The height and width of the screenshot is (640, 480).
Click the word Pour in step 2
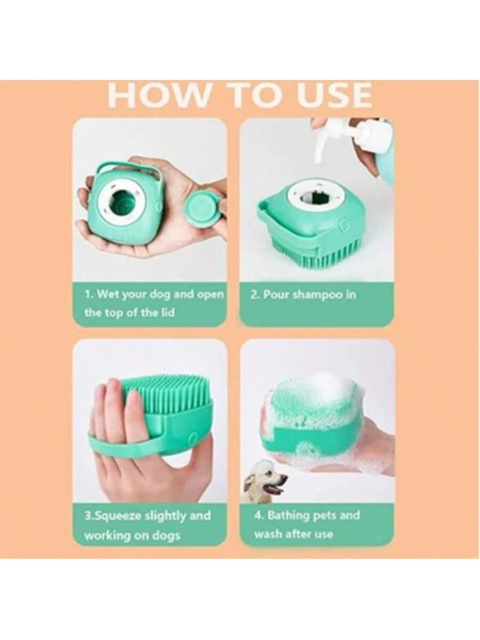click(274, 294)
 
